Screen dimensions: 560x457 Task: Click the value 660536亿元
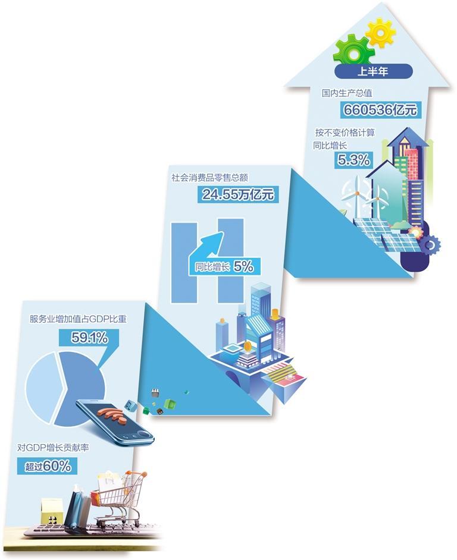[380, 109]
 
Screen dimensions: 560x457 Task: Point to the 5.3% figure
[354, 159]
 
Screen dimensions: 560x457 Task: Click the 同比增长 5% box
[225, 267]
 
